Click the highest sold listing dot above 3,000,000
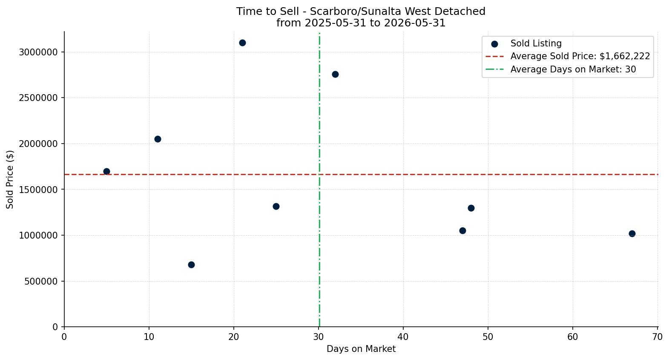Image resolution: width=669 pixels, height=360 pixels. point(242,43)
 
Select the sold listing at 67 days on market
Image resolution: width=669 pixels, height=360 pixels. point(632,233)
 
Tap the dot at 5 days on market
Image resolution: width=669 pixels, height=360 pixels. point(106,172)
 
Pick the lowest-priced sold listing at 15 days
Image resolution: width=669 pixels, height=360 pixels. point(192,265)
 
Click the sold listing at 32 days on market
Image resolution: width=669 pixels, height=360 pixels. point(336,75)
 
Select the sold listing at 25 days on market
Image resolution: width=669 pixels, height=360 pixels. point(276,207)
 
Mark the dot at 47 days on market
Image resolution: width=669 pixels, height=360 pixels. point(462,230)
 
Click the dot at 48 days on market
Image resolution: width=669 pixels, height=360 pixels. point(471,208)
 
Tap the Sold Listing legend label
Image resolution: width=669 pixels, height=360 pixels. point(536,43)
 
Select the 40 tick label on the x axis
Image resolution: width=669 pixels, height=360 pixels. point(403,337)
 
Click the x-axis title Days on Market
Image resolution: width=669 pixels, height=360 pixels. point(361,348)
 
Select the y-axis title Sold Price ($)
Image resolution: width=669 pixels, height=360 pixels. point(10,179)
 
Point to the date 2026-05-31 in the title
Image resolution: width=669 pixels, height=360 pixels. point(415,23)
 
